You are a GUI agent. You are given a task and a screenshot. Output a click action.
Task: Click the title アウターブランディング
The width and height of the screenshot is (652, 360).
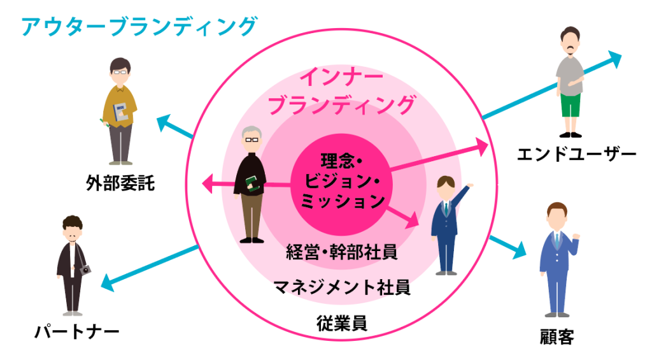click(139, 26)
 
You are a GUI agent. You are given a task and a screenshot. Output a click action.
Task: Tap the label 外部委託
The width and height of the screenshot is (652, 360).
click(120, 183)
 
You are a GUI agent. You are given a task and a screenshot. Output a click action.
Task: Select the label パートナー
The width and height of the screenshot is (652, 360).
click(77, 332)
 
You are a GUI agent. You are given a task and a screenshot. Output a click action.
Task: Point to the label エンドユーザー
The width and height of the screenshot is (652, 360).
click(576, 154)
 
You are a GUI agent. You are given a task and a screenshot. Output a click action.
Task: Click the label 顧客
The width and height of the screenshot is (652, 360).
click(556, 336)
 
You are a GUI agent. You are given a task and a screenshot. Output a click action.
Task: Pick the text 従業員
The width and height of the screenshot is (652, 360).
click(342, 323)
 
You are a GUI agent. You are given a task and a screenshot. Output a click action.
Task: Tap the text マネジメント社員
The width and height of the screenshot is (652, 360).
click(342, 287)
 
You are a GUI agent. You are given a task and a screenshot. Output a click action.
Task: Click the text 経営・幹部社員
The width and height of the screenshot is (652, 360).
click(342, 252)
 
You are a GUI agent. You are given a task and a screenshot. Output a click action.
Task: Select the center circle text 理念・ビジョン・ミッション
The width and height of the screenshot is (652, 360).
click(342, 181)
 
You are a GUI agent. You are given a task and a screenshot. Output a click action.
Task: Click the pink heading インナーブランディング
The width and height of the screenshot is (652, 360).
click(342, 92)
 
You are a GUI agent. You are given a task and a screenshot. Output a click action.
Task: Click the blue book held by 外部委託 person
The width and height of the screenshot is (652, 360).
click(120, 112)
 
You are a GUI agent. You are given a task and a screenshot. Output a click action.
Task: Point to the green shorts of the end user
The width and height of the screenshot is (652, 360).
click(570, 106)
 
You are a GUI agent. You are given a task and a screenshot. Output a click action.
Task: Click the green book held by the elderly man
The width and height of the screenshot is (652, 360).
click(252, 183)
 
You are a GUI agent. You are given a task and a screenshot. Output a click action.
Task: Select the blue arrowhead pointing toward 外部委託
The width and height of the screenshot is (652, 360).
click(165, 123)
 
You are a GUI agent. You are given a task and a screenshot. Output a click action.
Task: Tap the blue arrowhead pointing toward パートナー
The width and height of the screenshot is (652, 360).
click(108, 282)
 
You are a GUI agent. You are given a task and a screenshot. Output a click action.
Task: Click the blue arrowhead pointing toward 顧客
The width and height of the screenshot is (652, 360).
click(520, 250)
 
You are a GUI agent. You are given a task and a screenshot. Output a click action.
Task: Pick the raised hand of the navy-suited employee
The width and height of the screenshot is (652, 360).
click(470, 185)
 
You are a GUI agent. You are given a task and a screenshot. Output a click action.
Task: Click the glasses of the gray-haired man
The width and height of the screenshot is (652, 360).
click(252, 140)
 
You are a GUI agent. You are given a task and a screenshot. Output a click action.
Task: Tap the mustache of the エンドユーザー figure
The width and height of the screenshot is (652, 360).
click(570, 48)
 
